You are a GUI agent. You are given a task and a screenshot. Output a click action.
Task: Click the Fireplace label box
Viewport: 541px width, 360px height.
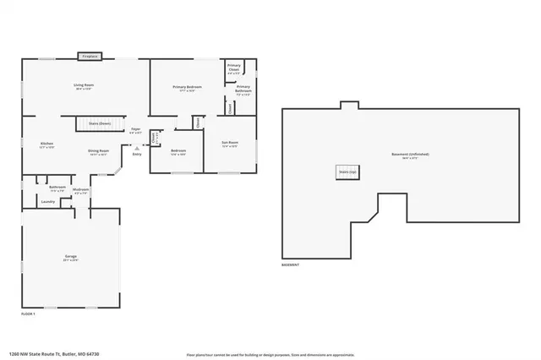click(x=89, y=57)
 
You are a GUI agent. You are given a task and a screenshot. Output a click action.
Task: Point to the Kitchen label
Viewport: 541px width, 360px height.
click(x=47, y=145)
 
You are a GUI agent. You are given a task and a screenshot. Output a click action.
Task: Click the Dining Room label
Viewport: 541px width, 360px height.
click(x=98, y=152)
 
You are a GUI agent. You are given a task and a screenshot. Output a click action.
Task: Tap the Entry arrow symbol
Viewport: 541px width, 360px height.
click(x=137, y=147)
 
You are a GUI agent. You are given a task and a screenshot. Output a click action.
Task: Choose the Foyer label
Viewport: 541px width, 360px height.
click(x=135, y=130)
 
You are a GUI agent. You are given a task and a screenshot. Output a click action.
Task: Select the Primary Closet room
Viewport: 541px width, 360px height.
click(x=234, y=71)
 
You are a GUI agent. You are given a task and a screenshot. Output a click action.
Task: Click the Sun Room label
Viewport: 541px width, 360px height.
click(x=230, y=144)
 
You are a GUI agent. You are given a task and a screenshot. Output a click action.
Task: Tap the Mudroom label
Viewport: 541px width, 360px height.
click(x=81, y=191)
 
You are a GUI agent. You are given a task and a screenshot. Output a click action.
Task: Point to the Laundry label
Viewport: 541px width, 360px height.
click(x=48, y=202)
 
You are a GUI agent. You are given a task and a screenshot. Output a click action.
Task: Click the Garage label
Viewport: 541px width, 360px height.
click(x=71, y=258)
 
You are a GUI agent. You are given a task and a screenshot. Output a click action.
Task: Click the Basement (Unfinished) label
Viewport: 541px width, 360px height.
click(x=410, y=155)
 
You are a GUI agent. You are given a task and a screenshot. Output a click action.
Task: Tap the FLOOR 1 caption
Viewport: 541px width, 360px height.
click(x=29, y=314)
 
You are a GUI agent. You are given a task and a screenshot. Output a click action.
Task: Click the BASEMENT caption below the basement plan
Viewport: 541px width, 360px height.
click(x=292, y=265)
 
